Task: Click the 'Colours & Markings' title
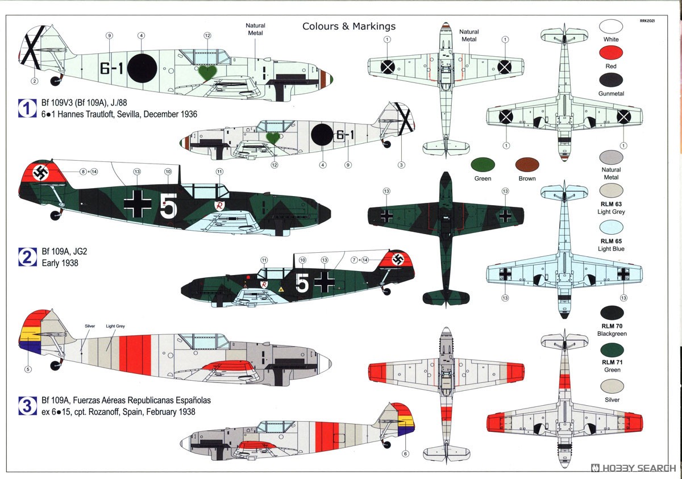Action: coord(349,27)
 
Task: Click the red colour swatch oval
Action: coord(611,53)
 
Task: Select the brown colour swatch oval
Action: coord(527,165)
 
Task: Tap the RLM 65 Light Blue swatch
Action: coord(611,227)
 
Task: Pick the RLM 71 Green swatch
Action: coord(612,350)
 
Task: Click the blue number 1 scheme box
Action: coord(27,109)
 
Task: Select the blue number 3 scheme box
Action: coord(27,406)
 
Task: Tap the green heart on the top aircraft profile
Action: coord(207,73)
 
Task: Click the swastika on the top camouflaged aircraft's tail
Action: coord(40,173)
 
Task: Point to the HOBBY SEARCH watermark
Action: coord(634,468)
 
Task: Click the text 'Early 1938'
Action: coord(60,263)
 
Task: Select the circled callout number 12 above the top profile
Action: coord(207,36)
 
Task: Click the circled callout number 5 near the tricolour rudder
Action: coord(28,369)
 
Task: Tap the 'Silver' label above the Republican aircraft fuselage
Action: coord(90,326)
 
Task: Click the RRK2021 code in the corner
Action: coord(647,20)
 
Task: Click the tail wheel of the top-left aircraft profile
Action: coord(56,81)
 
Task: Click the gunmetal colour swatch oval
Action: coord(611,80)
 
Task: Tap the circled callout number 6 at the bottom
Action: coord(405,454)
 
